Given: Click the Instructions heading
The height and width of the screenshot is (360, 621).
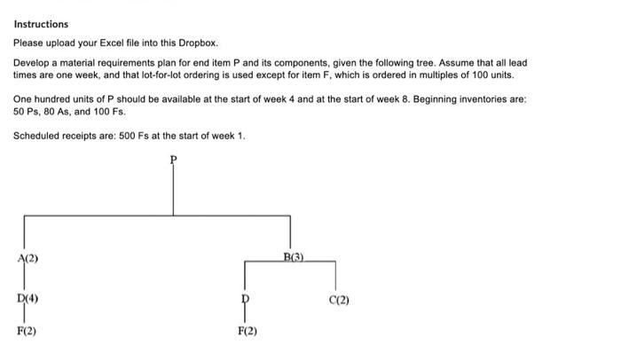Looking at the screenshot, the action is click(x=41, y=24).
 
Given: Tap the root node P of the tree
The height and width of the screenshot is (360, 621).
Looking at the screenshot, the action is click(x=174, y=160).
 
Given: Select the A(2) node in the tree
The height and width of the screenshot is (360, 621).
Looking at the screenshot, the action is click(x=28, y=258).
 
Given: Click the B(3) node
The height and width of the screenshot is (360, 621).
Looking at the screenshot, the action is click(x=294, y=257).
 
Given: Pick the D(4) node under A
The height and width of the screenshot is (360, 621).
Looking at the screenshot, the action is click(x=28, y=298).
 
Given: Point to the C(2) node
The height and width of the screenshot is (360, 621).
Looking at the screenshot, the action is click(x=339, y=300).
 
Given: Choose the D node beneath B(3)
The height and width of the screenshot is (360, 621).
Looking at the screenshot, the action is click(x=246, y=298).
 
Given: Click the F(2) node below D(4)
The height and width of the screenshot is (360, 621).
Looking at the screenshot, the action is click(x=27, y=331).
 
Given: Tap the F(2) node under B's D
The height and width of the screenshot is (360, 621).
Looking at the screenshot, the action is click(x=248, y=331).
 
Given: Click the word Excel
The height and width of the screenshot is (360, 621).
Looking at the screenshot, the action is click(x=111, y=43).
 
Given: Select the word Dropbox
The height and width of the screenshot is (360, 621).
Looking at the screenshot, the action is click(x=198, y=43).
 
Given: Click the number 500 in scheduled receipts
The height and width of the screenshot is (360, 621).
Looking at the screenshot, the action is click(x=127, y=136).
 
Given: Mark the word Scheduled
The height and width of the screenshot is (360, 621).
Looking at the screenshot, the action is click(x=35, y=136).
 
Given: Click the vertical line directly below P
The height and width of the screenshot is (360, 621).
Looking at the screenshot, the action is click(x=173, y=190).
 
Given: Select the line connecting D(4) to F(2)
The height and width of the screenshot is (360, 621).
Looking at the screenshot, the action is click(x=24, y=315).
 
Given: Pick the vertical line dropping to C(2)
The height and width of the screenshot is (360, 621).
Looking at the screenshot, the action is click(x=335, y=276).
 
